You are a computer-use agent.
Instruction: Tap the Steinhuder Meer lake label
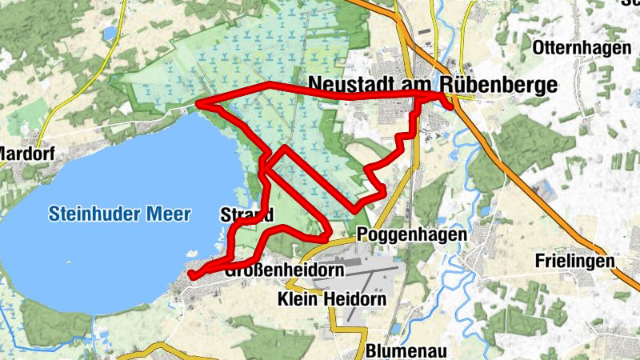tap(120, 214)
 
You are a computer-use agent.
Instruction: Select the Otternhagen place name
tap(580, 46)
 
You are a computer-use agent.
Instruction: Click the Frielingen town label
tap(575, 262)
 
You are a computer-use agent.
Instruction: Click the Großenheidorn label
tap(284, 270)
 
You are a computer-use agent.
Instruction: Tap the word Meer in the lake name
tap(169, 214)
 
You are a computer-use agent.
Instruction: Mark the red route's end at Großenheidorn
tap(192, 276)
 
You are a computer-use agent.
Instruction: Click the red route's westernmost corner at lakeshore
tap(200, 104)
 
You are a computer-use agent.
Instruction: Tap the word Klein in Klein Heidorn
tap(297, 299)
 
